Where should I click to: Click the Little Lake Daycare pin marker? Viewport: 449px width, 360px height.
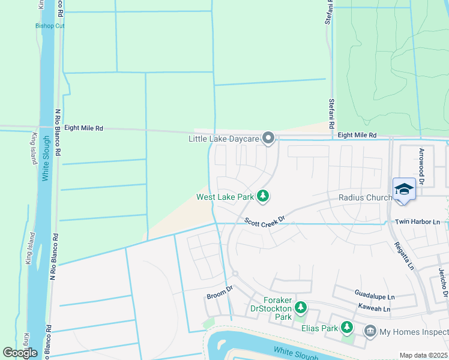click(x=268, y=139)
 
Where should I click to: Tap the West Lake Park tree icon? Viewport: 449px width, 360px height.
click(x=262, y=196)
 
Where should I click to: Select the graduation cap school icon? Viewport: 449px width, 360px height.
click(x=404, y=189)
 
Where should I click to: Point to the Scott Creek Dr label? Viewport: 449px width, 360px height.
click(x=264, y=221)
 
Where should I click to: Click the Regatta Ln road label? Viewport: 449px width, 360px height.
click(x=404, y=254)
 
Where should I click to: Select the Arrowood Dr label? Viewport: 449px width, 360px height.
click(x=422, y=166)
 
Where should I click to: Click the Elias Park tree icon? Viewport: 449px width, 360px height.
click(x=347, y=327)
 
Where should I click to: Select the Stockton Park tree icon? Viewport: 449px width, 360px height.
click(x=301, y=308)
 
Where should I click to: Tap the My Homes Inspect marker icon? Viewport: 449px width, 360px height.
click(x=370, y=331)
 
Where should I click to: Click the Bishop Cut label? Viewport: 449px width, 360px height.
click(x=50, y=26)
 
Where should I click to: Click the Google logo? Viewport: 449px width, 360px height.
click(x=20, y=352)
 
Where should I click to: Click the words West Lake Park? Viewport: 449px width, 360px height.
click(x=225, y=197)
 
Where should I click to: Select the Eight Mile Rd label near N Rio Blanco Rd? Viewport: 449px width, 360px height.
click(x=83, y=128)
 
